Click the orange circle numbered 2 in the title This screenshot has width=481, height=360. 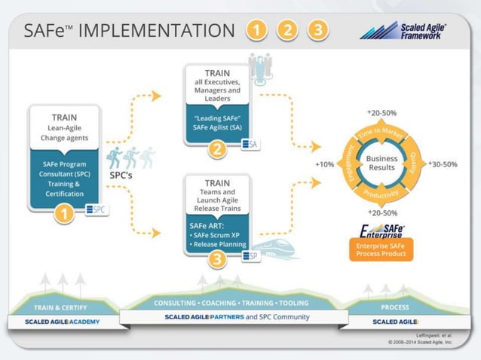tap(287, 30)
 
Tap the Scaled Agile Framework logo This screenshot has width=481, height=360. tap(403, 30)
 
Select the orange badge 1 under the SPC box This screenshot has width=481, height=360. tap(63, 215)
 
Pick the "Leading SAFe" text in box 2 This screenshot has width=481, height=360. tap(216, 119)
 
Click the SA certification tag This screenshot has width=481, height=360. tap(249, 144)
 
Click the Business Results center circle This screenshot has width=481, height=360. tap(381, 163)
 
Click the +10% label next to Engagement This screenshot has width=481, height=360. tap(325, 163)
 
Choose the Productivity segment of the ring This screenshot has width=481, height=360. tap(382, 194)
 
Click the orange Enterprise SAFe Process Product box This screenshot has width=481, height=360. tap(381, 250)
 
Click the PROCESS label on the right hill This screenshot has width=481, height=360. tap(394, 307)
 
